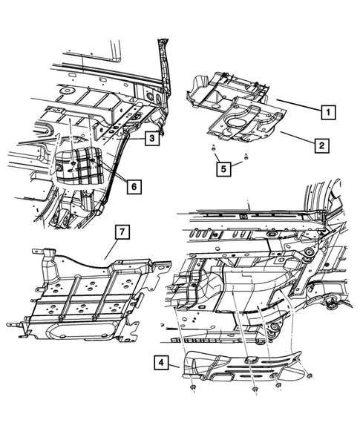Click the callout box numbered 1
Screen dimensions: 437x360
pos(325,114)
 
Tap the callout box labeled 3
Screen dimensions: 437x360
pos(151,138)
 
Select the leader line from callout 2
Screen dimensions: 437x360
pos(295,138)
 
